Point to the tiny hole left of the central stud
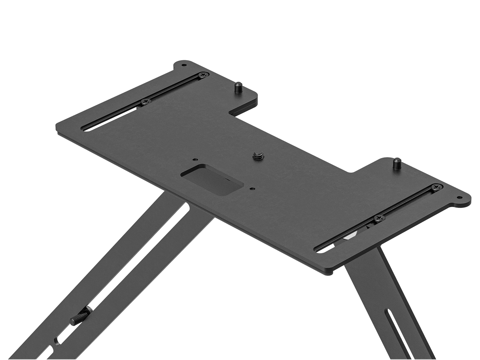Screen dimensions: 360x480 coord(194,159)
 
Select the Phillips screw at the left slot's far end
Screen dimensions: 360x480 coord(204,74)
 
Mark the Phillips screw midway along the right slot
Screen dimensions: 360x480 coord(378,217)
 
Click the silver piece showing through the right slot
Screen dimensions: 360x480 coord(351,236)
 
